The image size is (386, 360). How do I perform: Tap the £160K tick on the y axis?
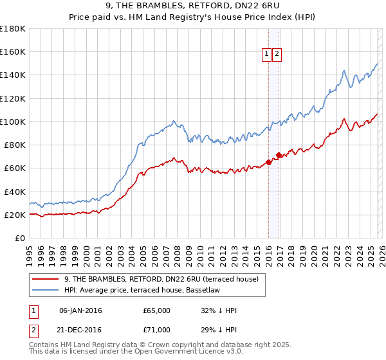[13, 52]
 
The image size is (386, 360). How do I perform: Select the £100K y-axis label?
[13, 122]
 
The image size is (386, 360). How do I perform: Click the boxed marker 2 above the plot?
[277, 55]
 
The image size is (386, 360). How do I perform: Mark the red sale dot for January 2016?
[268, 162]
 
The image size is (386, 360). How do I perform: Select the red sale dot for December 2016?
[279, 155]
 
